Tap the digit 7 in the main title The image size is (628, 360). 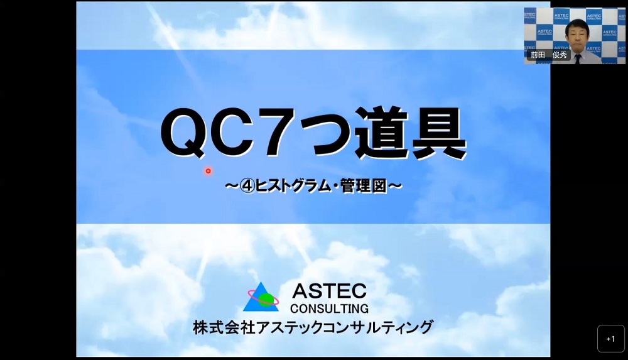(277, 133)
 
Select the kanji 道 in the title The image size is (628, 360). (382, 133)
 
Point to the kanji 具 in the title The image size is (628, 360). (439, 133)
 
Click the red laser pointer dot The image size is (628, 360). (208, 171)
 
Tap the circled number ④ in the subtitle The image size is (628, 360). (247, 186)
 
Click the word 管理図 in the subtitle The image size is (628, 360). (364, 186)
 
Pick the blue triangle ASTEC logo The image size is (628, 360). (261, 297)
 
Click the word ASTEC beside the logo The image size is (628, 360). (329, 291)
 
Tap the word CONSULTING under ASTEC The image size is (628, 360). (329, 308)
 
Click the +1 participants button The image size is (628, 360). (611, 339)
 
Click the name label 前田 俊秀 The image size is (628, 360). (548, 55)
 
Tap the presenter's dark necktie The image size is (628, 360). (578, 58)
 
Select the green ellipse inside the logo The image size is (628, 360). (265, 300)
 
